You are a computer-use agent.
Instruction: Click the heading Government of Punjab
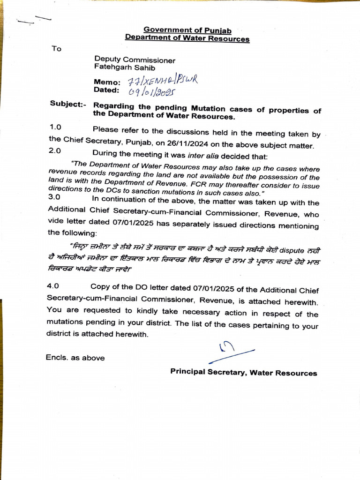point(187,30)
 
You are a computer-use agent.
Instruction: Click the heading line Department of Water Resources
point(187,38)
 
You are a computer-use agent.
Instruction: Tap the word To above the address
point(56,49)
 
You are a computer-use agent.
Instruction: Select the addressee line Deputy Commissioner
point(135,60)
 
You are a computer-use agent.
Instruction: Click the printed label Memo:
point(107,82)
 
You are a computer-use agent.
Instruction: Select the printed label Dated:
point(107,90)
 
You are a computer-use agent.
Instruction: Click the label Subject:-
point(67,104)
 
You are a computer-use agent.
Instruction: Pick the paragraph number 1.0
point(55,127)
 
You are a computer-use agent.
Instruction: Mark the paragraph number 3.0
point(55,198)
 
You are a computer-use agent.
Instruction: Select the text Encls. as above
point(75,358)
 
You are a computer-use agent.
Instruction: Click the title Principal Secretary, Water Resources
point(244,373)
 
